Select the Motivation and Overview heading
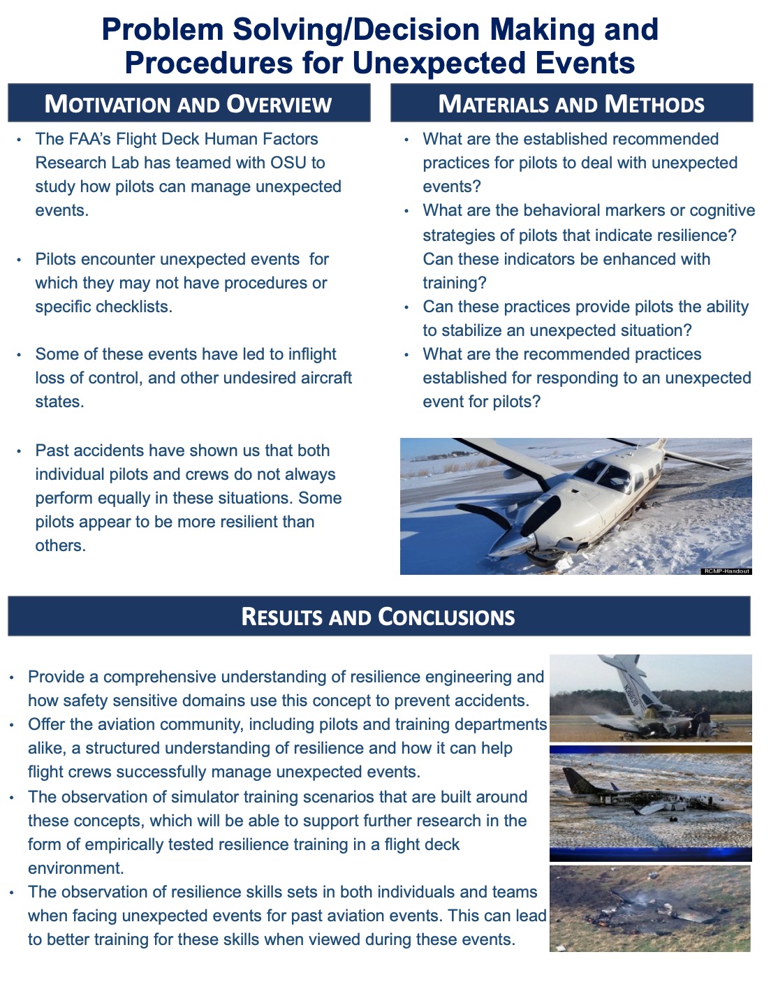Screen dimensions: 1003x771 pos(189,104)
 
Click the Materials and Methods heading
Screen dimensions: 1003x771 pos(571,104)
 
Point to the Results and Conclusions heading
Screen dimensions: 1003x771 pos(379,617)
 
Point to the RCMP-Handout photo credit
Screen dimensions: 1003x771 pos(726,571)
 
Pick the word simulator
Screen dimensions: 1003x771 pos(215,797)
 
